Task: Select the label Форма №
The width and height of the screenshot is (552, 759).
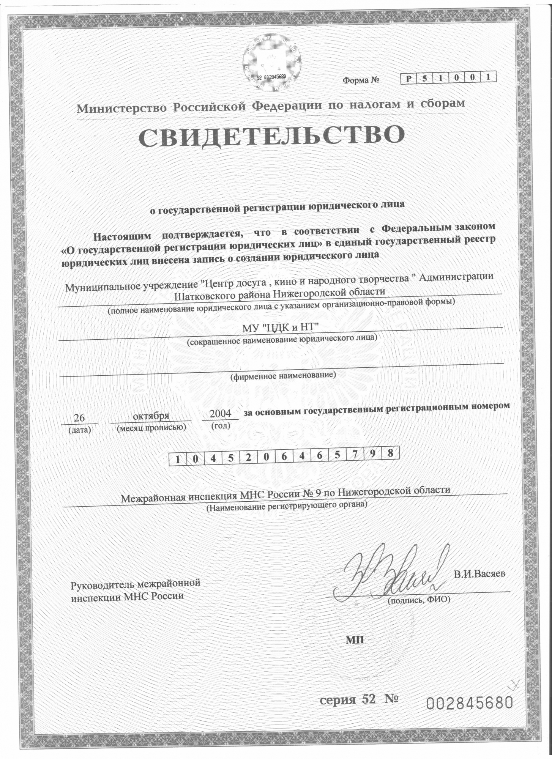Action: (361, 80)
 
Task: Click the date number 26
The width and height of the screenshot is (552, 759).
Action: (79, 418)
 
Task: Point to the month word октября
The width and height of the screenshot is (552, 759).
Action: (151, 416)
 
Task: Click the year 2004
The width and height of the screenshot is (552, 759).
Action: (220, 413)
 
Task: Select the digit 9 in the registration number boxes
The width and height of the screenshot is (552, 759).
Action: (373, 454)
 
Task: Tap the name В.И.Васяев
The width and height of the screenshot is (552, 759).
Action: (480, 584)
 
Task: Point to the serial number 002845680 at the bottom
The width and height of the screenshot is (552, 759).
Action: (470, 703)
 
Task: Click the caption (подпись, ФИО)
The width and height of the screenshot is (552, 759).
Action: (418, 600)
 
